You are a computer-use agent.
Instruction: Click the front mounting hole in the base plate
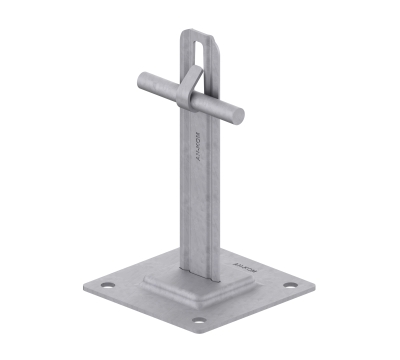click(x=199, y=322)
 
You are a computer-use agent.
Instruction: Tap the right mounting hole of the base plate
click(x=289, y=285)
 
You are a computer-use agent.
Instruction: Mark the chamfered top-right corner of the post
click(x=212, y=38)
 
